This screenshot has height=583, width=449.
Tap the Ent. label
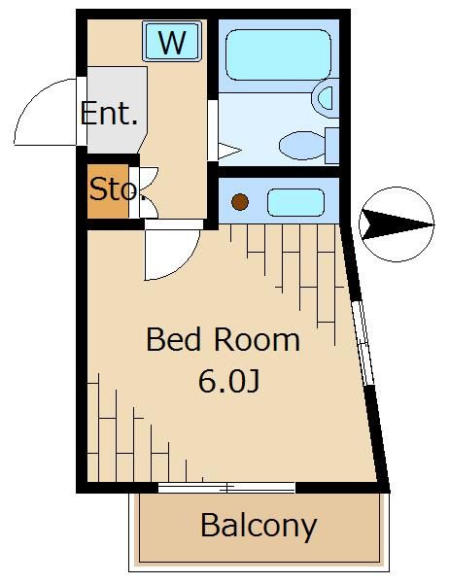109,114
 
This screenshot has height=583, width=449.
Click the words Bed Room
223,340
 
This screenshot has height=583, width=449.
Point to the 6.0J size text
228,381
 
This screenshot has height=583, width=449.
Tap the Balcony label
259,526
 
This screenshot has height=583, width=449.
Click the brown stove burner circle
239,203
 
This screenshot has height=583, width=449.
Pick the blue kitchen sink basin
294,203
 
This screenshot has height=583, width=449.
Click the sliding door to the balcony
225,487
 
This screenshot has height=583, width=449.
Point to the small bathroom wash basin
324,97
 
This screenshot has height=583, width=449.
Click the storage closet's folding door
143,189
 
